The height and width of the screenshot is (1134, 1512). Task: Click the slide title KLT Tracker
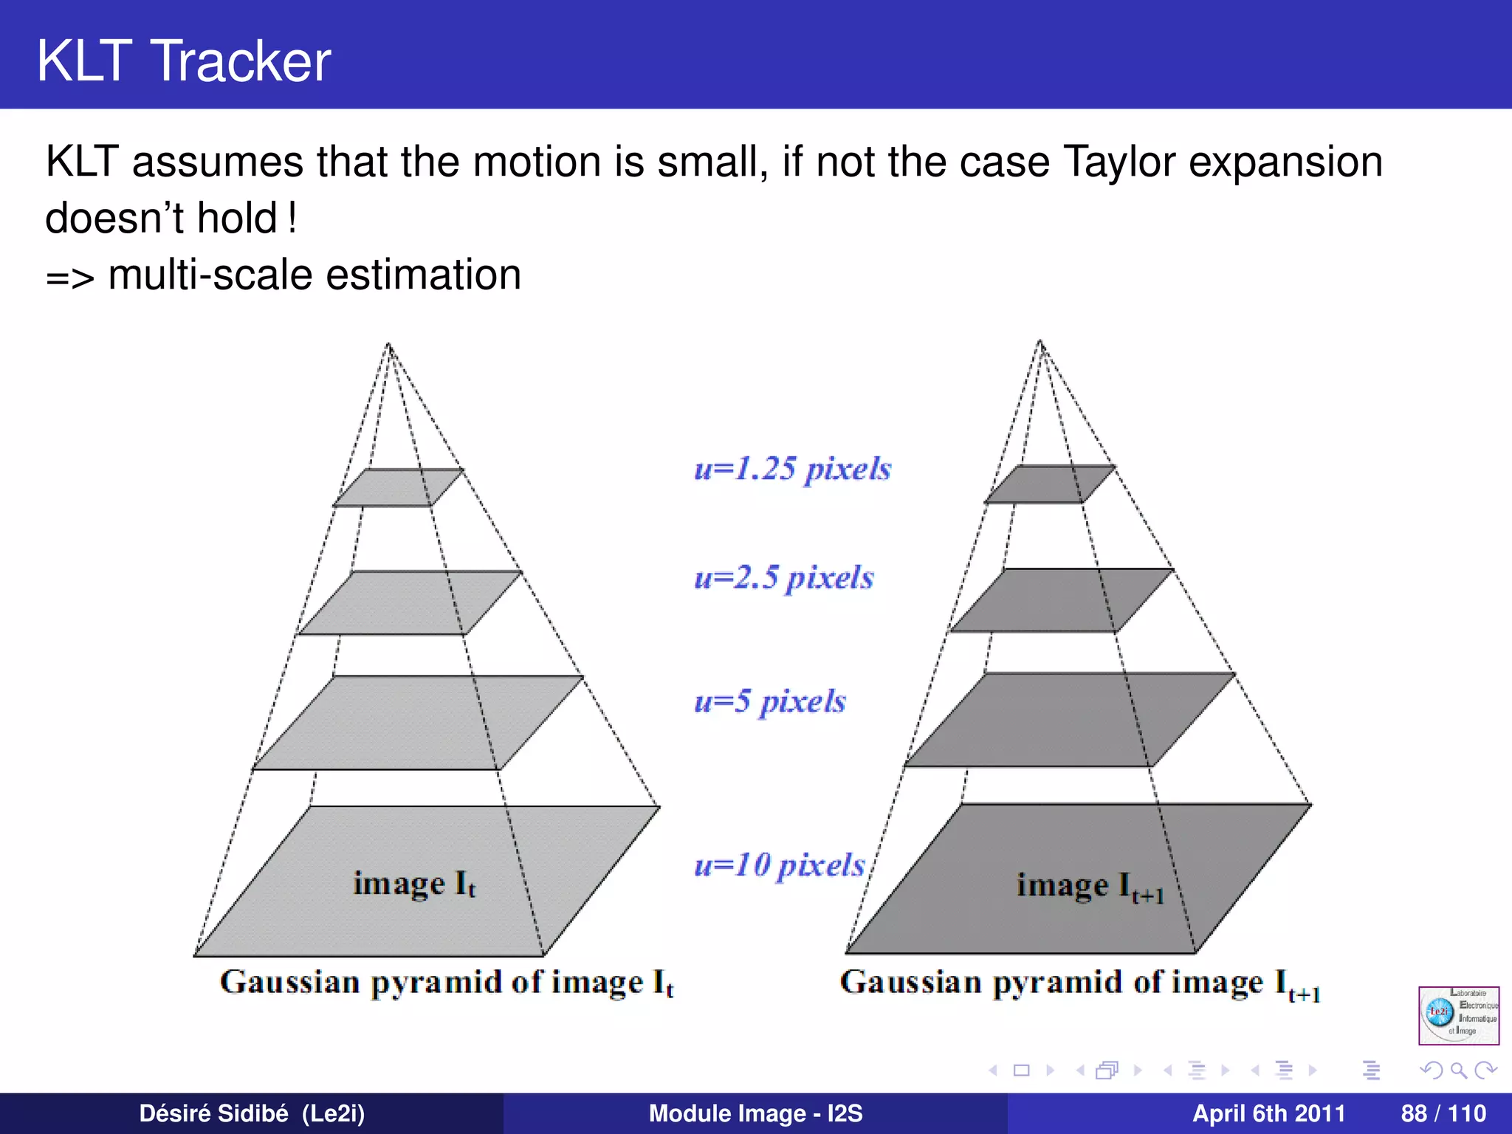(x=184, y=61)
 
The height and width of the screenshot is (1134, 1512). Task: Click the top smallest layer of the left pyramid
(x=399, y=487)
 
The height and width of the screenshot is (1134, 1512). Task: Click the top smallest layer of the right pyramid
(x=1050, y=484)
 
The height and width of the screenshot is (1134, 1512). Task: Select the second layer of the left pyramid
(x=410, y=602)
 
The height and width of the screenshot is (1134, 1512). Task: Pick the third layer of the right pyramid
(x=1071, y=720)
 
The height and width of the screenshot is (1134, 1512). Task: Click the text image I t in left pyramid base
(x=414, y=884)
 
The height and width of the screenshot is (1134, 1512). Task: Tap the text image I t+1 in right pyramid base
(x=1090, y=886)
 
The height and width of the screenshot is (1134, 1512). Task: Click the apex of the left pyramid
(x=388, y=344)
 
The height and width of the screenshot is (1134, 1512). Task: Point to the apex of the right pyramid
(x=1040, y=341)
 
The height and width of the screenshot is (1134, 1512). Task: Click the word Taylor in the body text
(x=1118, y=162)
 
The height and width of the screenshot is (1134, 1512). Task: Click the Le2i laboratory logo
(x=1458, y=1015)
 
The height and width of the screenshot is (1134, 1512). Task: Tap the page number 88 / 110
(x=1443, y=1113)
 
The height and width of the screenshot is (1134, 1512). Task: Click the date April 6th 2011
(x=1268, y=1113)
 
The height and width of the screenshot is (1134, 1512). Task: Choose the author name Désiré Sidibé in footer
(x=213, y=1113)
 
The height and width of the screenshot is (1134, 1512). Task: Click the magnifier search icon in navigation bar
(x=1458, y=1070)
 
